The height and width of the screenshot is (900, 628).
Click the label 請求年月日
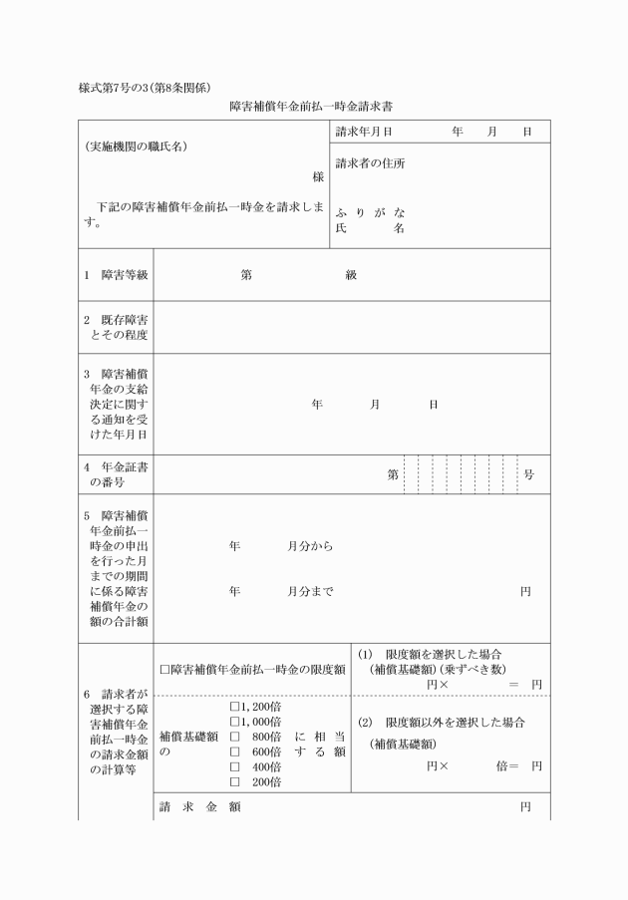(363, 132)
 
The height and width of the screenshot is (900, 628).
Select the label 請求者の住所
(370, 163)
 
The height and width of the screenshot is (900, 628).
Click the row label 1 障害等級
(116, 275)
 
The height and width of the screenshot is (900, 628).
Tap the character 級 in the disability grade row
(351, 275)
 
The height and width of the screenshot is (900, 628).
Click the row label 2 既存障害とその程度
(116, 327)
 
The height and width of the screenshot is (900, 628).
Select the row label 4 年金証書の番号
(116, 474)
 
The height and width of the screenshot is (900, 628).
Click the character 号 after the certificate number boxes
(528, 474)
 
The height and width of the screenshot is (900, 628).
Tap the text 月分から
(310, 547)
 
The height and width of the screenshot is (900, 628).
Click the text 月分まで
(310, 591)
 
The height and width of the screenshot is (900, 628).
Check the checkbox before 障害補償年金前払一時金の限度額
(164, 669)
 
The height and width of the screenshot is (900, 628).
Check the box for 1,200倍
(234, 706)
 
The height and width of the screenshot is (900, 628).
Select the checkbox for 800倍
(234, 737)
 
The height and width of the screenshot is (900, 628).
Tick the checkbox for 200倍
(234, 782)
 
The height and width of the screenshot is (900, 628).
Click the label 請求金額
(199, 806)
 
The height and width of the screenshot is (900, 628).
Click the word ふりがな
(370, 213)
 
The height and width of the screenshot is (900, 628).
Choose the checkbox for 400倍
(234, 767)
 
